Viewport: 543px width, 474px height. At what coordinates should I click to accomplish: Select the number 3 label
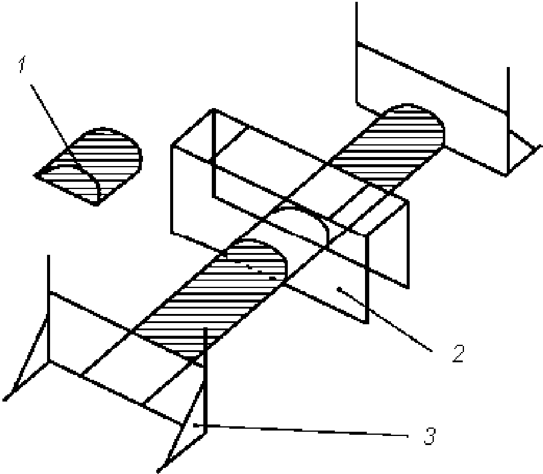429,435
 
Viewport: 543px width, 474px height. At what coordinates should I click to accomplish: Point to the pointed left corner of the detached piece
36,175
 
